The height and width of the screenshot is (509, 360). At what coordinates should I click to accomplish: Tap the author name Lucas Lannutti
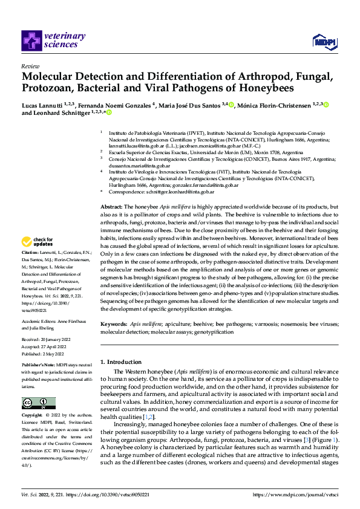tap(44, 105)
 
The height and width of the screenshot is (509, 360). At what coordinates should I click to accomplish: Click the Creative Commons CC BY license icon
tap(38, 403)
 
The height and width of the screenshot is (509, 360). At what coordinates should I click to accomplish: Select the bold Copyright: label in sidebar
tap(33, 416)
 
